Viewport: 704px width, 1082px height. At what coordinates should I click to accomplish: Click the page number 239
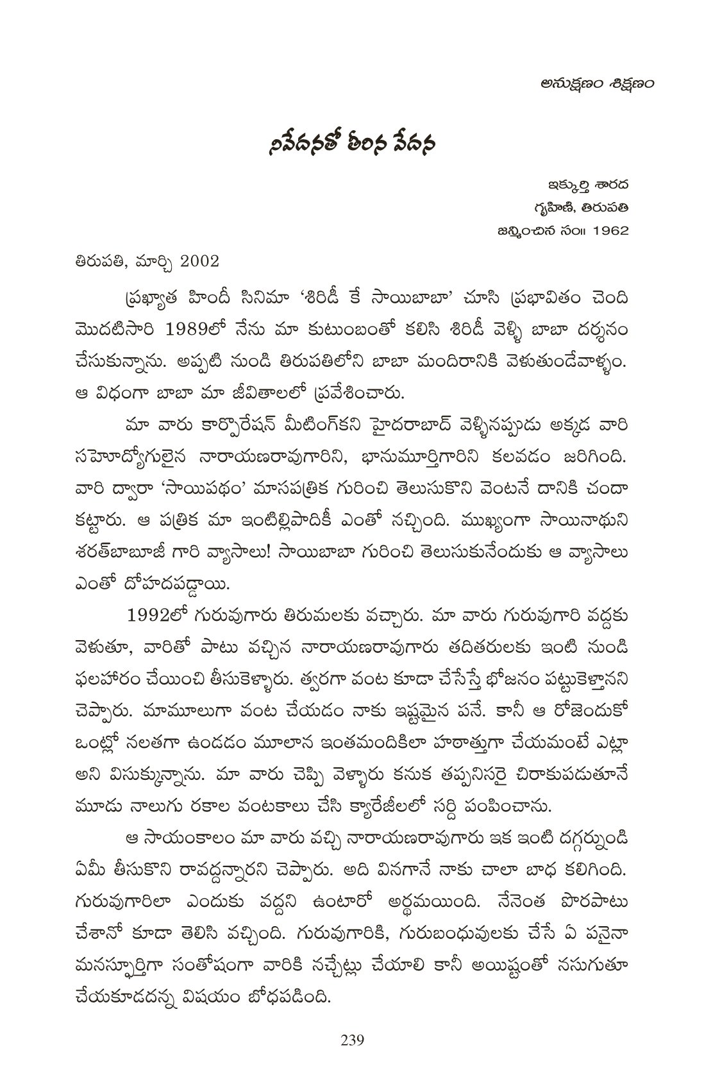tap(352, 1040)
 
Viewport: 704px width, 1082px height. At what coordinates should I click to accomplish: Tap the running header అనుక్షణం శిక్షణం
tap(590, 84)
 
